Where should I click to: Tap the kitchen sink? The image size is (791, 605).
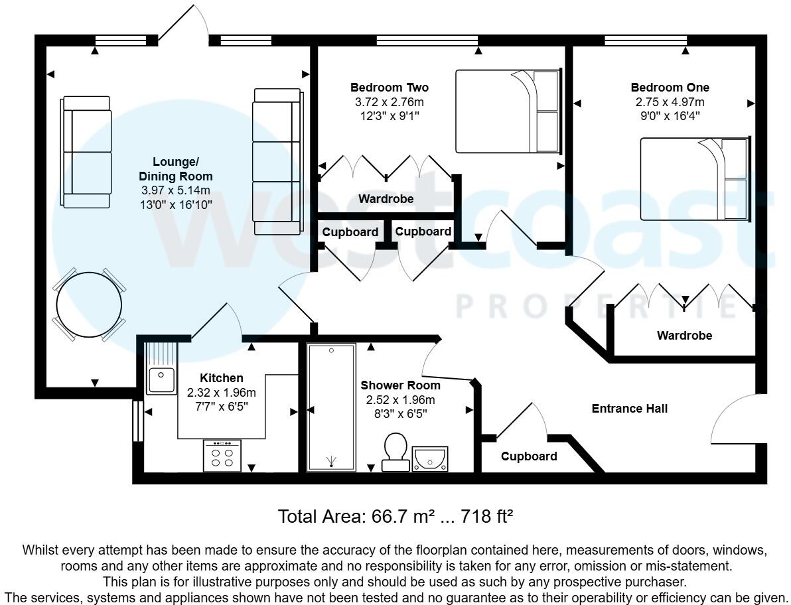coord(161,380)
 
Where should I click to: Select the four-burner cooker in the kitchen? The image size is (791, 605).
coord(222,456)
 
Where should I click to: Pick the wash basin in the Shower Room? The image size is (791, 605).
coord(430,458)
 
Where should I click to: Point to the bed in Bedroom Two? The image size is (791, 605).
coord(508,111)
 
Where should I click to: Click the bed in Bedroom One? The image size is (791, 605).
coord(694,178)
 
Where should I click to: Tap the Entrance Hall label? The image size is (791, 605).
coord(629,409)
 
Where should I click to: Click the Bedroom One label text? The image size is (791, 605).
coord(670,88)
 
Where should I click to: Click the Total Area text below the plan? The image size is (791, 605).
coord(396,515)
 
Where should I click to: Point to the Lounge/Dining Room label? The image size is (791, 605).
coord(176,169)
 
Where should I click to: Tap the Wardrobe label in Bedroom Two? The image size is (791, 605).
coord(386,199)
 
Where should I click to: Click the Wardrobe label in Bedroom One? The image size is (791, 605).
coord(684,336)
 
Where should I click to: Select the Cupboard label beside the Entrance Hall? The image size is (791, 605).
coord(529,456)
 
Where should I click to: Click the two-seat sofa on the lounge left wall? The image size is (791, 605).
coord(86,152)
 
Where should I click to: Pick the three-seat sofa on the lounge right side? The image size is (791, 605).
coord(277,161)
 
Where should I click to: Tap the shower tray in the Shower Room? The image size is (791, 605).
coord(331,407)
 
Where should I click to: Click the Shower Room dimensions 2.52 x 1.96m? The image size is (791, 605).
coord(400,399)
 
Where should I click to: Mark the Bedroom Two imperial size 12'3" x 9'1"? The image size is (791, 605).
coord(390,115)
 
